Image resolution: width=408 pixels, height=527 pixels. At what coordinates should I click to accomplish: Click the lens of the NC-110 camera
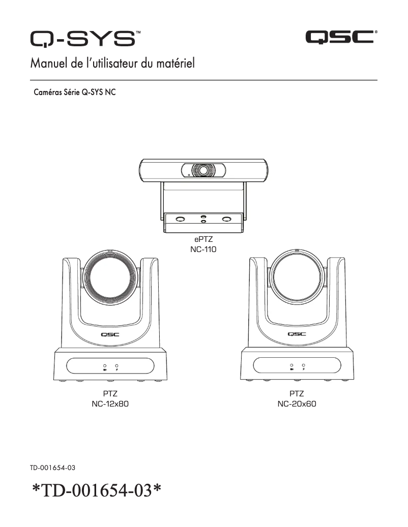click(x=203, y=170)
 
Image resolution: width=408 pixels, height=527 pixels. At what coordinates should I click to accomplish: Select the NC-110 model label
click(x=203, y=250)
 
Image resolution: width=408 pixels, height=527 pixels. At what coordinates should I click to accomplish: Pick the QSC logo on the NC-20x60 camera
click(x=297, y=334)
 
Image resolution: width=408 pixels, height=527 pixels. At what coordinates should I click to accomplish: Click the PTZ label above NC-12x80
click(x=110, y=393)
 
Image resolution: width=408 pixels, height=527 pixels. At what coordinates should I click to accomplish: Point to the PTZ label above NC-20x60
click(x=297, y=393)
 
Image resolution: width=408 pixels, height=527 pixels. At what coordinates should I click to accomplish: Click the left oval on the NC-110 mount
click(x=180, y=219)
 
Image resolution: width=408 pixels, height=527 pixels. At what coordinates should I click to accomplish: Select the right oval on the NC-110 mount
click(x=227, y=219)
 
